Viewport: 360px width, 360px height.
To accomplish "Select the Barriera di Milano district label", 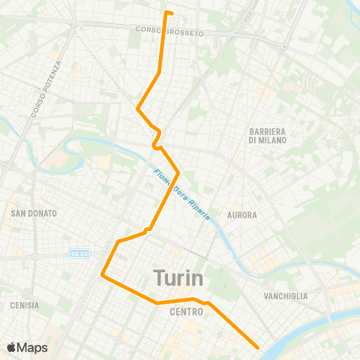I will point(269,135).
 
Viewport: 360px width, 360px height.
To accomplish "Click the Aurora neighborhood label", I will point(242,214).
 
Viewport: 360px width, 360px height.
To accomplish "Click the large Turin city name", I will point(178,277).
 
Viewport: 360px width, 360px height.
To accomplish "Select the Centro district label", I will point(187,310).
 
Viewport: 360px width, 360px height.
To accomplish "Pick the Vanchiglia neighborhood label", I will point(286,296).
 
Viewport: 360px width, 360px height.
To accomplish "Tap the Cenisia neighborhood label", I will point(25,305).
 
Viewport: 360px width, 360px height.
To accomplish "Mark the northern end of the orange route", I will point(166,11).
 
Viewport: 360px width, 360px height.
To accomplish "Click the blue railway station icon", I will point(79,253).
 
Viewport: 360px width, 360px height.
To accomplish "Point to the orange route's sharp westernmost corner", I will point(103,277).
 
